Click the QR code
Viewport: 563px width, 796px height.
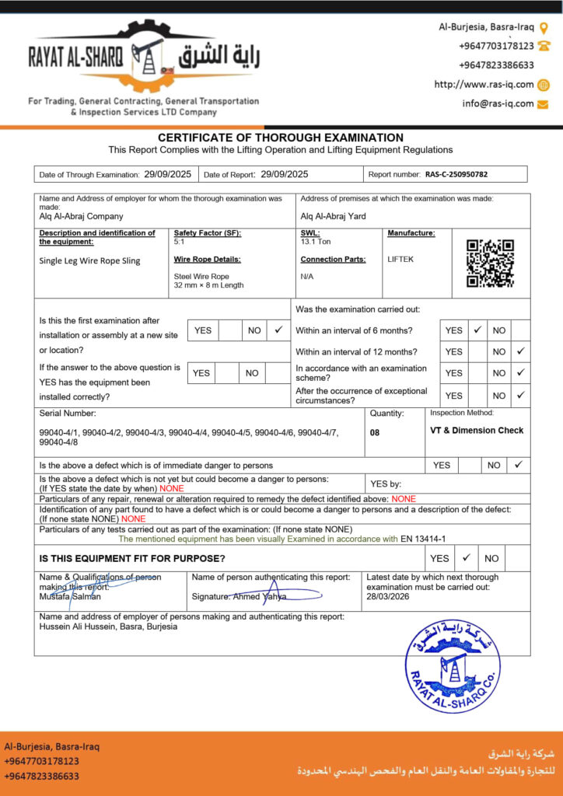(x=490, y=264)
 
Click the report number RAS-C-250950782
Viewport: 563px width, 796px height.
(x=456, y=175)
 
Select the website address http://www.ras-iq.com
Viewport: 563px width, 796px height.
(x=484, y=85)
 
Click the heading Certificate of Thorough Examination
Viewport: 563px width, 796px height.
(x=281, y=138)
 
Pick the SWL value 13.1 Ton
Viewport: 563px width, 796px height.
(x=316, y=242)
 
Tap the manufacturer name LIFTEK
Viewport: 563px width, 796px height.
(x=401, y=260)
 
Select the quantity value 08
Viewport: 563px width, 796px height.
(x=375, y=432)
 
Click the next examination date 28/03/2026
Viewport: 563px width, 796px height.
(x=388, y=596)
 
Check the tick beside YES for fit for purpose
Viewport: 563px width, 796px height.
(x=465, y=558)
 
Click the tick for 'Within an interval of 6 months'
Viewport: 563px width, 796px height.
(x=478, y=330)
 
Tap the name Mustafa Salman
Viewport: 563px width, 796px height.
(x=70, y=596)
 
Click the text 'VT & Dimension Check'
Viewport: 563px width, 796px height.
(x=477, y=430)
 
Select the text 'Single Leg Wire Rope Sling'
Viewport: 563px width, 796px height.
(x=89, y=260)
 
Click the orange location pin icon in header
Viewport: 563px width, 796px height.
(x=544, y=26)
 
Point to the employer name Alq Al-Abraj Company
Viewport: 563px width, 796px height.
(x=81, y=217)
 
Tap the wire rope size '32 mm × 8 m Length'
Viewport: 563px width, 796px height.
(x=208, y=285)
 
